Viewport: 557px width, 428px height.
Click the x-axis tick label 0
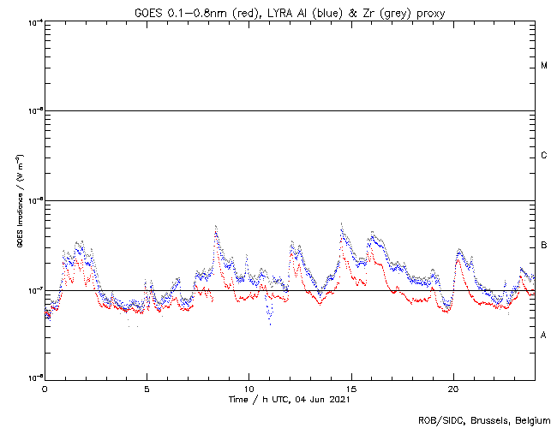(x=45, y=389)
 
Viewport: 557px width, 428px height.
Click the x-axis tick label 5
(x=147, y=389)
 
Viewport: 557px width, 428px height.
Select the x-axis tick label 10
(x=249, y=389)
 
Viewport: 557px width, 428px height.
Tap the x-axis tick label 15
(x=350, y=389)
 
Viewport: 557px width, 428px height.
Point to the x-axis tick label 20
(x=452, y=389)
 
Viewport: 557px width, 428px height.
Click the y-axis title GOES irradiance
(x=19, y=201)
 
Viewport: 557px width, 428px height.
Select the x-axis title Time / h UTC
(x=261, y=399)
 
